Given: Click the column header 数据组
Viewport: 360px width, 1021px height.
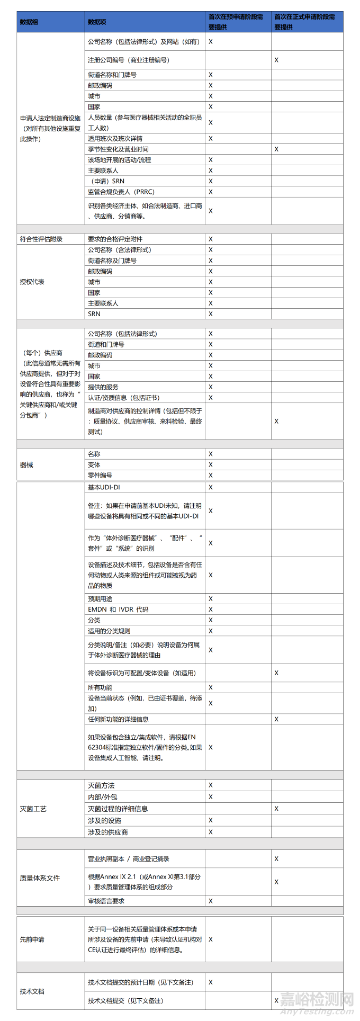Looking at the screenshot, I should [29, 22].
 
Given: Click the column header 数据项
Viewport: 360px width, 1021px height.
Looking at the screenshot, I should [97, 22].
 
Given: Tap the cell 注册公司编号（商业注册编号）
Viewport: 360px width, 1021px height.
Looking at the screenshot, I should [129, 60].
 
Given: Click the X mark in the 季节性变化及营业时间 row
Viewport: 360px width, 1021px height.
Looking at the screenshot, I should [276, 149].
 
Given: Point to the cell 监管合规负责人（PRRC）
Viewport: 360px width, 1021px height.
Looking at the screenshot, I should [121, 192].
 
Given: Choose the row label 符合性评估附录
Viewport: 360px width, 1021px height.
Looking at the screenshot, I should [41, 239].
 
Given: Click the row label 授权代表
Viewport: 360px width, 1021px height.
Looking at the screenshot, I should [32, 282].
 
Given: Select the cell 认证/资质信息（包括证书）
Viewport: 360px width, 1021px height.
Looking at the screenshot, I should [123, 398].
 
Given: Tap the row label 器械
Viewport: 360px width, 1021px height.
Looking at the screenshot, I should [26, 464].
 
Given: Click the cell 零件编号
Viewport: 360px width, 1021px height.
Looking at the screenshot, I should [100, 475].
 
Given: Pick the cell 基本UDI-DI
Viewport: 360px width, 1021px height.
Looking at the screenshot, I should [104, 487].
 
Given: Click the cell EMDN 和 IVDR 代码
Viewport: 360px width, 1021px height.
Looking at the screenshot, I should [118, 610].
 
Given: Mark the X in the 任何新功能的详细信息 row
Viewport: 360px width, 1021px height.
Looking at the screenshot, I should [276, 719].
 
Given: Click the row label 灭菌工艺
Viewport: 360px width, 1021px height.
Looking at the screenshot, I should [33, 809].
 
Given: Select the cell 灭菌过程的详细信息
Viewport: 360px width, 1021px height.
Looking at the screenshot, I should [118, 809].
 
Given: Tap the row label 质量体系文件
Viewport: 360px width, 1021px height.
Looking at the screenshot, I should [40, 878].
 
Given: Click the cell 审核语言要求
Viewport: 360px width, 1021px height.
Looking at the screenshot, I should [106, 901].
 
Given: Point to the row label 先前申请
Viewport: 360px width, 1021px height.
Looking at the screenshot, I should [32, 939].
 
